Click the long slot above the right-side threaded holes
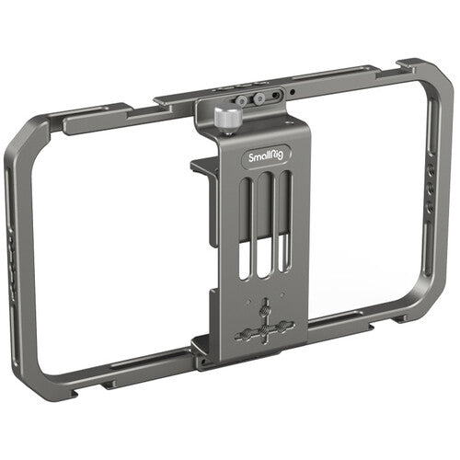point(430,120)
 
